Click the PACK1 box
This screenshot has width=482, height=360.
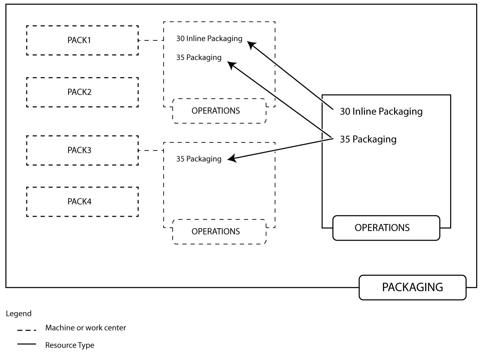coord(82,40)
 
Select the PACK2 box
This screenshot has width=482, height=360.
coord(82,92)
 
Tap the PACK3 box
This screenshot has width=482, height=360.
coord(82,150)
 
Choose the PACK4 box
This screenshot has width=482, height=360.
coord(82,202)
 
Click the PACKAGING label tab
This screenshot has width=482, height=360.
coord(412,287)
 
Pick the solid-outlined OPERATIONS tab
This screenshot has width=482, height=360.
coord(386,228)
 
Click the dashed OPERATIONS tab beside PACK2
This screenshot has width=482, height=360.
coord(219,111)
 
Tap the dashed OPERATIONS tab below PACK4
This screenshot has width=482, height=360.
coord(219,232)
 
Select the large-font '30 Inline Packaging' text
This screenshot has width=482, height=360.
coord(381,112)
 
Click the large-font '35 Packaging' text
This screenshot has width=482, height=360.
coord(368,139)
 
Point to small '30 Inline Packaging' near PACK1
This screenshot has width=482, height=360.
coord(209,39)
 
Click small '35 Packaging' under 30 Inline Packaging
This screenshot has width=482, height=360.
coord(199,57)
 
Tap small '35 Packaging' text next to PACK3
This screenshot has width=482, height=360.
coord(199,159)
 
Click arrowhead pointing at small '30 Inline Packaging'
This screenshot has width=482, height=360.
coord(251,45)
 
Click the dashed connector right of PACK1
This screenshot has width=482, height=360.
coord(151,40)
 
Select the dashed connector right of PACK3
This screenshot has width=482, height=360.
coord(151,150)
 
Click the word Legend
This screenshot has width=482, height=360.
coord(18,313)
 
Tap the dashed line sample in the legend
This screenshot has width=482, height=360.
coord(27,330)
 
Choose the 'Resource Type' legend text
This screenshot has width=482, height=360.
coord(69,345)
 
